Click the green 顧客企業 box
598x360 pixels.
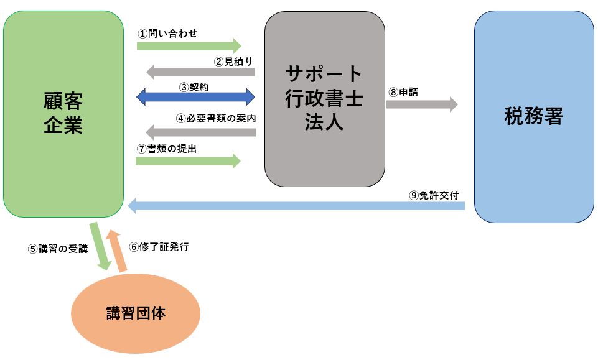coord(63,114)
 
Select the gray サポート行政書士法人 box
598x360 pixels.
coord(324,98)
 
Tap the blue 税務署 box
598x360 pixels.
coord(534,116)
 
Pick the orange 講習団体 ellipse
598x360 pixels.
coord(136,313)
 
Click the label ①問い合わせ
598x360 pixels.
coord(168,34)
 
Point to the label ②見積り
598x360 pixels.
coord(233,61)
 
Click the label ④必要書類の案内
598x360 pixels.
coord(216,118)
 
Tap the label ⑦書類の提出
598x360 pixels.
coord(171,149)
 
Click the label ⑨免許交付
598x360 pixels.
coord(434,195)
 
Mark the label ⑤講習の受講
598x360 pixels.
coord(58,249)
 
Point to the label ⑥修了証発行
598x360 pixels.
coord(159,247)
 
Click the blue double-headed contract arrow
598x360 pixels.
coord(196,97)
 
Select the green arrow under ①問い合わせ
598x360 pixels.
coord(189,45)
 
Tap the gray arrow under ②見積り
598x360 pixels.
coord(199,72)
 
